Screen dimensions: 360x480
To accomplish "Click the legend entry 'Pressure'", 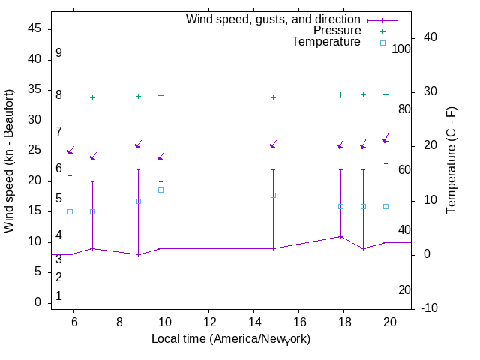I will click(x=337, y=31).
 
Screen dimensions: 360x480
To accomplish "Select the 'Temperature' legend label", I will click(x=326, y=42).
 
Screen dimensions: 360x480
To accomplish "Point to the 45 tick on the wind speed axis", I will click(x=34, y=29).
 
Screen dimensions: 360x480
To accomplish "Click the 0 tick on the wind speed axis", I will click(x=37, y=302).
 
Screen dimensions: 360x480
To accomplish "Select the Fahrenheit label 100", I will click(x=401, y=49).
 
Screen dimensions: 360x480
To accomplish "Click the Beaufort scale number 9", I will click(x=58, y=53).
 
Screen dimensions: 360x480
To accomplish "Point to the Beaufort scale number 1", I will click(x=58, y=296).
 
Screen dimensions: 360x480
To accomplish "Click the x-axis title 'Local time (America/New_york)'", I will click(x=231, y=338).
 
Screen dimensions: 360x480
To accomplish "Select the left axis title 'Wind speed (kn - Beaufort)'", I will click(x=10, y=160).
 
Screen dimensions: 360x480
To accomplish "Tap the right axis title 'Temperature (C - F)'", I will click(x=451, y=160).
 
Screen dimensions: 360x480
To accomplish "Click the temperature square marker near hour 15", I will click(x=273, y=195).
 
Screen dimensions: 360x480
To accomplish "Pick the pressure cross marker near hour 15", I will click(x=273, y=97).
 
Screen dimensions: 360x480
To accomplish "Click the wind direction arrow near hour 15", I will click(x=274, y=145).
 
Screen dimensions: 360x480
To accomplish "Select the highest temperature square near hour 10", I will click(x=160, y=190).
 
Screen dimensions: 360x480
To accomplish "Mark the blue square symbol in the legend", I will click(x=382, y=43).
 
